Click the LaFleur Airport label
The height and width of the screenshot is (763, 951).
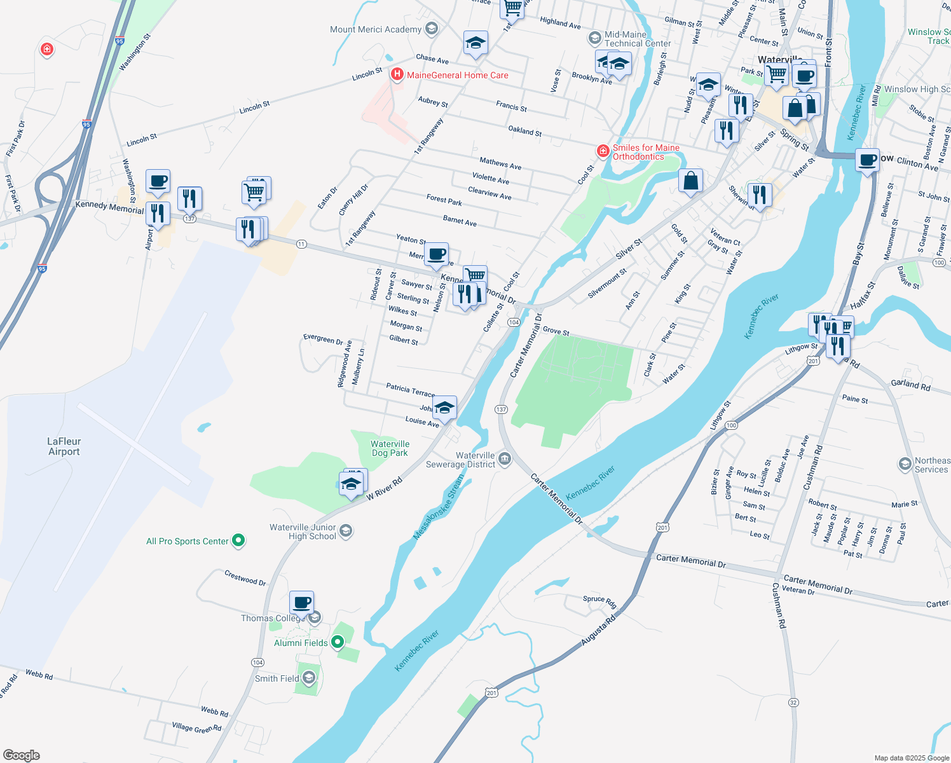[x=64, y=446]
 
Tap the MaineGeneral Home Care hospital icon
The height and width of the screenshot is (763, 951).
[x=397, y=75]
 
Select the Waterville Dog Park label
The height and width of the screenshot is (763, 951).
[x=390, y=449]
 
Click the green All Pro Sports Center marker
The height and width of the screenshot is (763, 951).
[x=238, y=541]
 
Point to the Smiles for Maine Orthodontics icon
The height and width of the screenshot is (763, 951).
[x=603, y=151]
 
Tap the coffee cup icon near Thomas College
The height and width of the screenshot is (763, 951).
[x=302, y=602]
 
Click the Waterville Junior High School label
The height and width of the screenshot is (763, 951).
[x=303, y=532]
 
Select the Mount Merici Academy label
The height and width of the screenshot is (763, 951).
[x=376, y=29]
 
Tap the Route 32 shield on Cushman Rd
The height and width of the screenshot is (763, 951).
[x=793, y=703]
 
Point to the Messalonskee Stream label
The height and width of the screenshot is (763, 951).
[x=439, y=507]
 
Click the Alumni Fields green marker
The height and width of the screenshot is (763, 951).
[x=338, y=643]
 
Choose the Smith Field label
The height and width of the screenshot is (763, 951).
[x=277, y=678]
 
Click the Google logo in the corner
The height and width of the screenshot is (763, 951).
[x=21, y=755]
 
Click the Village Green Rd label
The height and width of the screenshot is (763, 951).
[x=196, y=727]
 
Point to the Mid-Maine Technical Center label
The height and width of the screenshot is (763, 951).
[x=637, y=39]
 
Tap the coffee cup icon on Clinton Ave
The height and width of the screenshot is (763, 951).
[x=867, y=160]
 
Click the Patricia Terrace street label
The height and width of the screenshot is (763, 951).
[x=410, y=390]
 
